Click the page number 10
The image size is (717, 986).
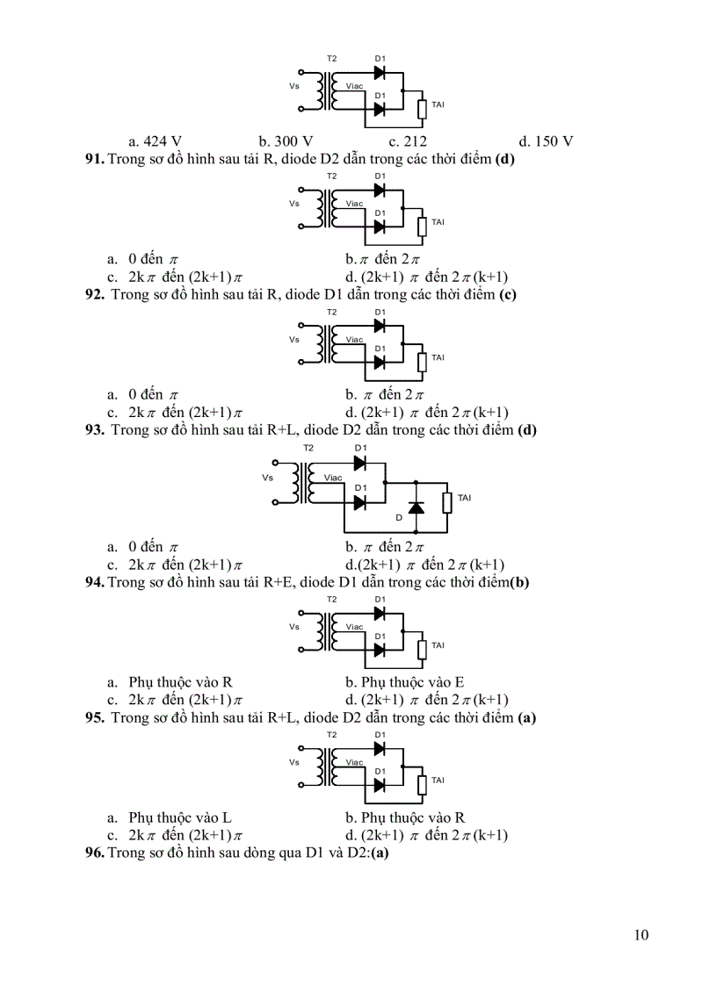tap(641, 934)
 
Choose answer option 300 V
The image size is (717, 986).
tap(286, 140)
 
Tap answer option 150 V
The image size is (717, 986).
tap(546, 140)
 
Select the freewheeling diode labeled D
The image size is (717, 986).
tap(416, 508)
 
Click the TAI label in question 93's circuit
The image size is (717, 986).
tap(464, 499)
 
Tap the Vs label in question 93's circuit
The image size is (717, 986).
tap(268, 478)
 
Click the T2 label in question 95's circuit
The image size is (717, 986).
tap(331, 734)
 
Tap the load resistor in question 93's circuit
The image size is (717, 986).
tap(447, 501)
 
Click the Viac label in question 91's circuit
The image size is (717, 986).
tap(354, 204)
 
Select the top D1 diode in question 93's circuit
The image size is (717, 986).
tap(359, 463)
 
